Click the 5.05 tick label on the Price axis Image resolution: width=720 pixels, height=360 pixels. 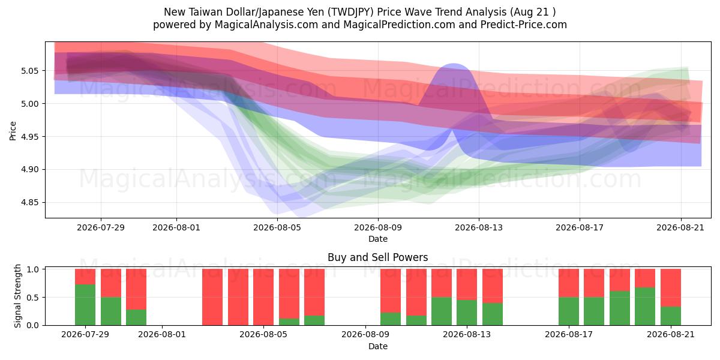point(29,71)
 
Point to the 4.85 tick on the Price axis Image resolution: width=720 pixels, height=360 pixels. point(29,203)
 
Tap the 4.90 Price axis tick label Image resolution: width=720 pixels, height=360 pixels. point(29,169)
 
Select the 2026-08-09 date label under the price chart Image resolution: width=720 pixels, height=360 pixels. point(378,227)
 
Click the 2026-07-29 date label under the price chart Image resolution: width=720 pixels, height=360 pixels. point(101,227)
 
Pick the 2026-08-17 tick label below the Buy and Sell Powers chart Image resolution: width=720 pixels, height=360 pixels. point(569,335)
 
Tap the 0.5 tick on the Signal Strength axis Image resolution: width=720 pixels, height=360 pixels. point(33,298)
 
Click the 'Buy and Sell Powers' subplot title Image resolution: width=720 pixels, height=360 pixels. point(377,257)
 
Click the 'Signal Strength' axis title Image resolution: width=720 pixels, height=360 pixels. point(17,296)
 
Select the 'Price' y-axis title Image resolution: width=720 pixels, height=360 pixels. point(13,131)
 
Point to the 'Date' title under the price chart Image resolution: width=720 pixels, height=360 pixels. point(378,239)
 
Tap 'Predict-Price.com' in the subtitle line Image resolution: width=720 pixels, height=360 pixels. point(524,25)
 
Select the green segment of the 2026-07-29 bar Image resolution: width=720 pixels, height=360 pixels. point(85,305)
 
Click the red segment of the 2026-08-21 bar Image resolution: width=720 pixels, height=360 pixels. point(671,288)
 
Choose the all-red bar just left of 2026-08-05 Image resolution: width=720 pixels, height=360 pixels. point(263,297)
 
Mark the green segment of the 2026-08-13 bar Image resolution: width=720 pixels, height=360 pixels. point(467,313)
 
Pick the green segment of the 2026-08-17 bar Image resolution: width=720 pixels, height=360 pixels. point(569,311)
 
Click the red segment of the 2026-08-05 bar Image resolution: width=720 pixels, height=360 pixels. point(289,294)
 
